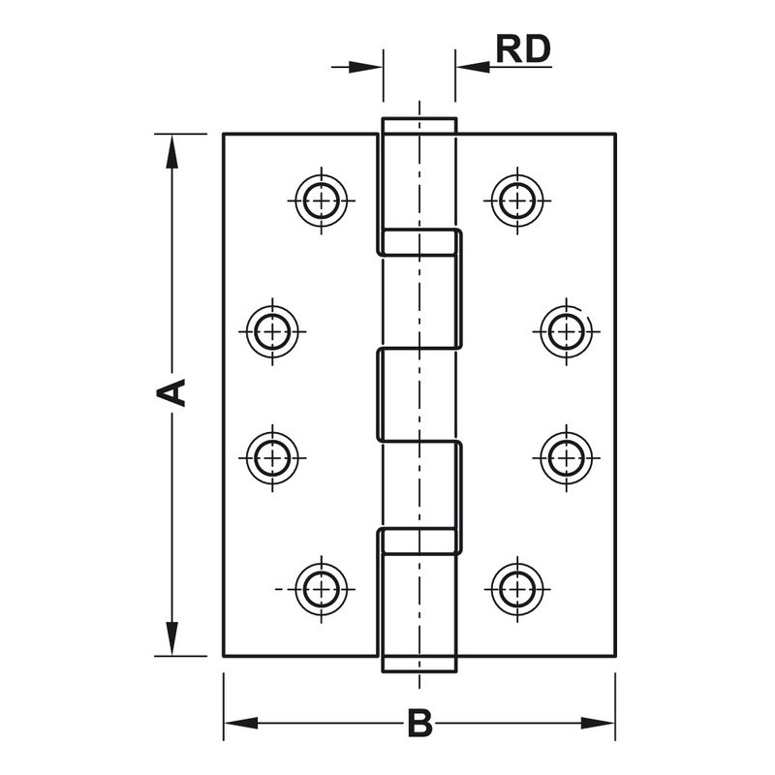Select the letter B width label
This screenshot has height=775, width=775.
(x=418, y=723)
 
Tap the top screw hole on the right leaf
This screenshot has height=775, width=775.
(x=516, y=201)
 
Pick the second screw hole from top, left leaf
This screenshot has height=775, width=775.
(x=273, y=330)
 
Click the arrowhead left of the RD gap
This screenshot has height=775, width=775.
(x=368, y=66)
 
